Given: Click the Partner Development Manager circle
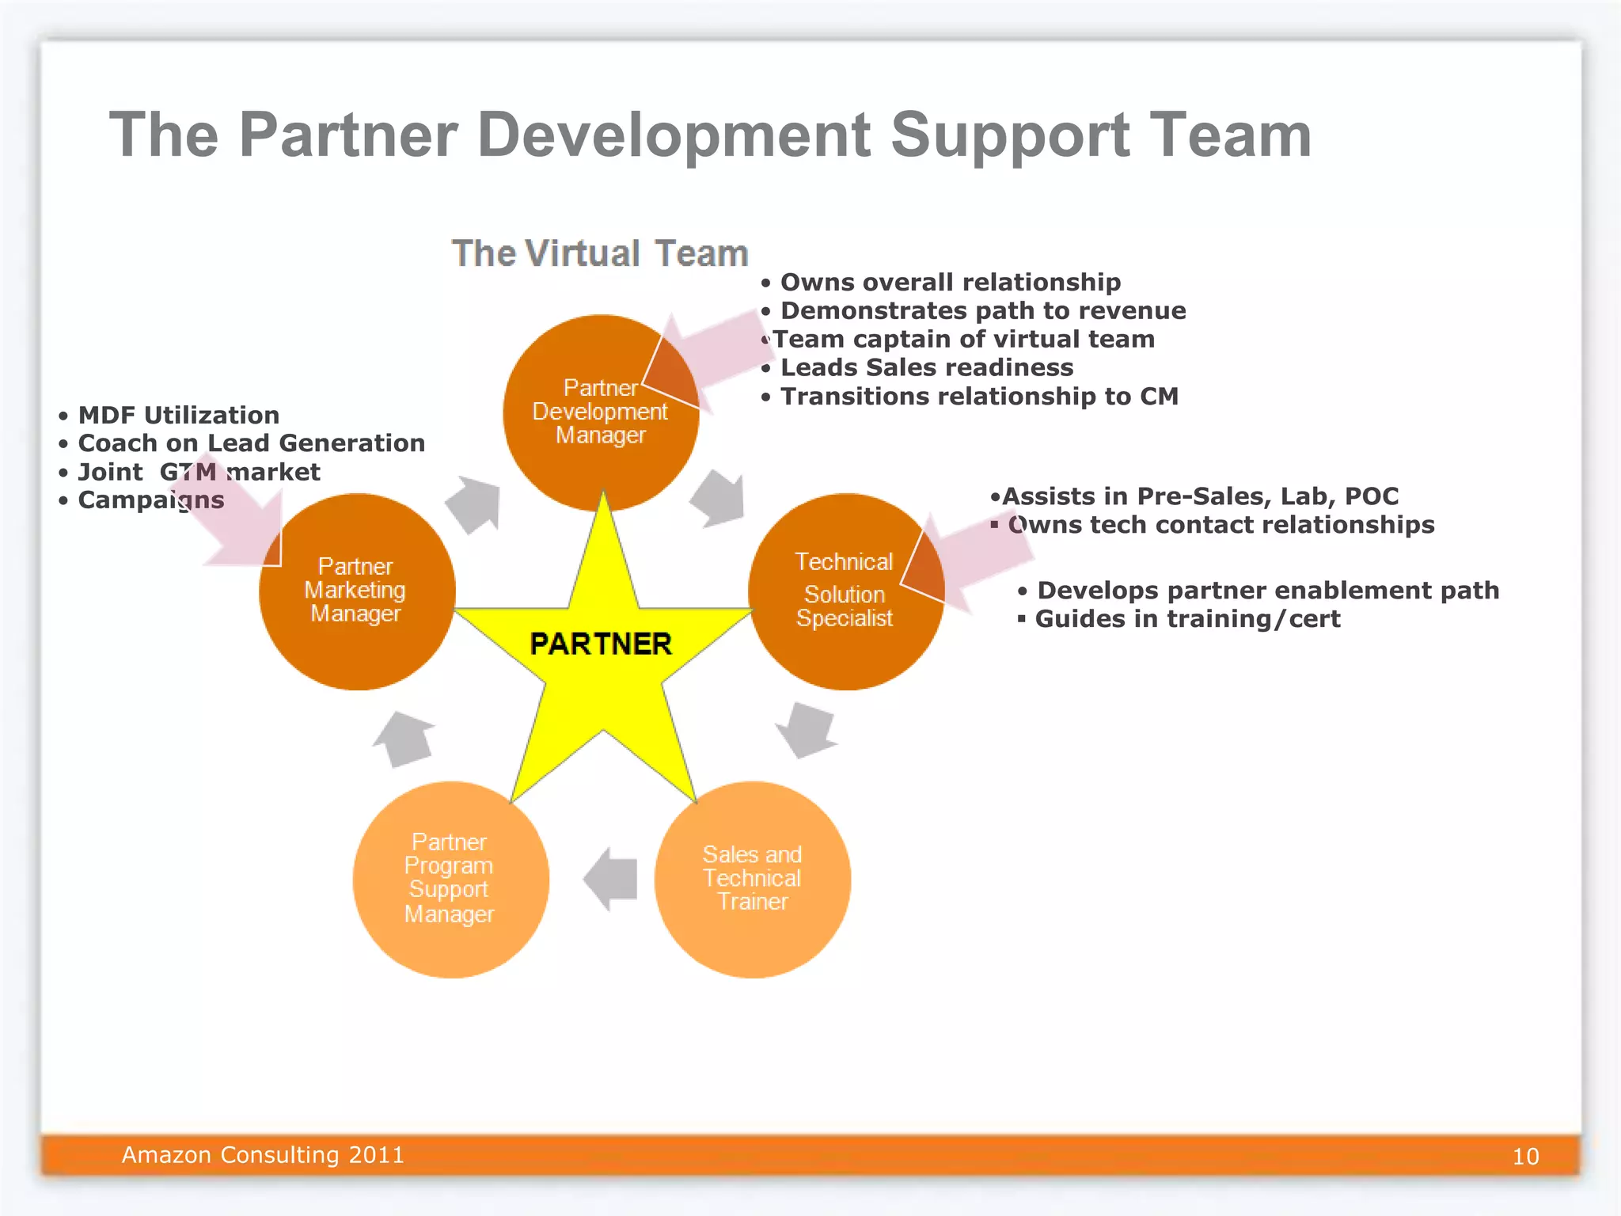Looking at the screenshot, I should click(x=600, y=412).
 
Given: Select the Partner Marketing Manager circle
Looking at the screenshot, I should click(x=356, y=591).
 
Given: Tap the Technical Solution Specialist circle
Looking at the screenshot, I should click(x=845, y=591).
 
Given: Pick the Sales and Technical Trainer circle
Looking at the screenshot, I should click(x=752, y=879).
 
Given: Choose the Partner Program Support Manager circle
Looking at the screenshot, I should click(x=450, y=879).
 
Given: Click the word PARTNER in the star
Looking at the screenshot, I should click(x=601, y=644).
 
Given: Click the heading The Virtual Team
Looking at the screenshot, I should click(x=600, y=254).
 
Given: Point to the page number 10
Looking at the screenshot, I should click(x=1525, y=1157).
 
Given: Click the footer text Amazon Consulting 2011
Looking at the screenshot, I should click(x=263, y=1155).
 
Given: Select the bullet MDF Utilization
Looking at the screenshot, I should click(x=178, y=415).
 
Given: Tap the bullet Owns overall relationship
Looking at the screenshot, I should click(x=950, y=282).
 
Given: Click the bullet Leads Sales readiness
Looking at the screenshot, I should click(x=926, y=367).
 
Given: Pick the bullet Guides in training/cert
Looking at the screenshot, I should click(x=1187, y=618).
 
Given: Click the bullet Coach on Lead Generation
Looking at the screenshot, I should click(x=251, y=443).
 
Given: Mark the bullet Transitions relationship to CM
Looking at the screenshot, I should click(x=979, y=396).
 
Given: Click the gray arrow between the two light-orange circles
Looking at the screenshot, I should click(x=611, y=879).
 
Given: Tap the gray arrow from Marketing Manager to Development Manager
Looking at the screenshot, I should click(x=474, y=504).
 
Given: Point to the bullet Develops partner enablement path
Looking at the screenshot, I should click(x=1267, y=590).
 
